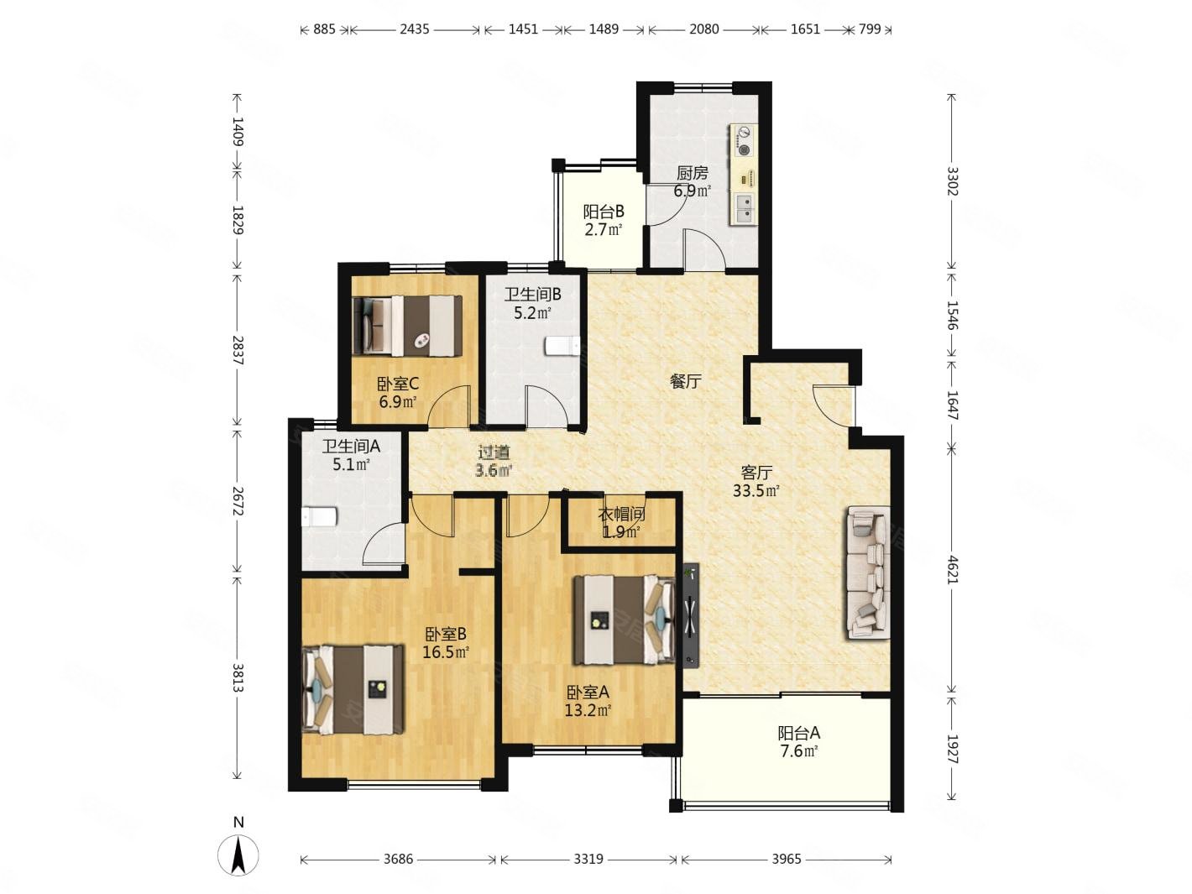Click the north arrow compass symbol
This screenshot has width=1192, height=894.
238,855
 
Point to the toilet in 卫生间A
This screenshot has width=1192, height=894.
320,516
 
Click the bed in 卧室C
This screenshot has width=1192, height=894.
407,326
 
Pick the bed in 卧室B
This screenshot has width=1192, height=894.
353,689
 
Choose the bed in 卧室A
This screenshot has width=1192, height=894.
625,620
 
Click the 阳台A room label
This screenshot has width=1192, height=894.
798,734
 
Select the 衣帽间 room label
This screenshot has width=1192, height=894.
621,514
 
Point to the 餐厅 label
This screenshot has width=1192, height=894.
685,382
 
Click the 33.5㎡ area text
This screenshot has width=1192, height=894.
756,491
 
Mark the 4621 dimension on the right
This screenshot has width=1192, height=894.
952,568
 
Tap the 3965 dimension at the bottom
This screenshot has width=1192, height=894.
787,859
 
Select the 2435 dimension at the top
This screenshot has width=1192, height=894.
415,29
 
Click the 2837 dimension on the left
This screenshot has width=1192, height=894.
238,350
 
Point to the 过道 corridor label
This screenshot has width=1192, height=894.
494,452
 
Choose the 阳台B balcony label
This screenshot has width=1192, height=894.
604,212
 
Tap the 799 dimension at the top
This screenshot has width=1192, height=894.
870,29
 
